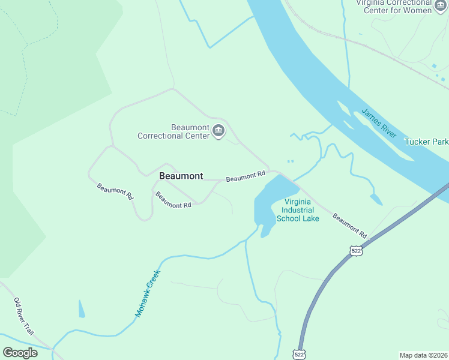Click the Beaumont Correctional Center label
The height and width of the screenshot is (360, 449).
[173, 131]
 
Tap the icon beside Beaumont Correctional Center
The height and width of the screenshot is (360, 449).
[218, 131]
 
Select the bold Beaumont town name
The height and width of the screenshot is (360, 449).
[181, 176]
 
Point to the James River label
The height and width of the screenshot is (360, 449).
[379, 123]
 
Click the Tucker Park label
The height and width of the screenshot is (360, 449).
[426, 142]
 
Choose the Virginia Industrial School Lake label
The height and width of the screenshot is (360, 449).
[298, 211]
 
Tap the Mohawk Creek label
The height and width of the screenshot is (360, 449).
[147, 293]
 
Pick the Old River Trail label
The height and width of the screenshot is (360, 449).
[23, 316]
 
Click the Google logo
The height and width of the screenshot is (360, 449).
[20, 353]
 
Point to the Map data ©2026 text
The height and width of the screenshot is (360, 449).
[423, 355]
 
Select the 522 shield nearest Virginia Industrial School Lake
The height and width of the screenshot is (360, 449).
[356, 250]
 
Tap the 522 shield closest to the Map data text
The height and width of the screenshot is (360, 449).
[300, 354]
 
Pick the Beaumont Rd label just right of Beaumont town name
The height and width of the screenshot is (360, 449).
[246, 176]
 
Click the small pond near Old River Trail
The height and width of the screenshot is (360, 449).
[81, 309]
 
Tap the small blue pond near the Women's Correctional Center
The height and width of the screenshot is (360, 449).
[433, 65]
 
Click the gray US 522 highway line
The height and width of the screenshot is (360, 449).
[321, 288]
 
